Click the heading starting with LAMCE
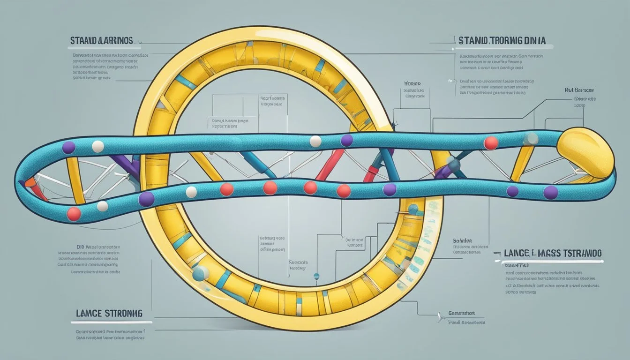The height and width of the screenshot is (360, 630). coord(107,313)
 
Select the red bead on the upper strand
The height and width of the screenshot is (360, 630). coord(491,143)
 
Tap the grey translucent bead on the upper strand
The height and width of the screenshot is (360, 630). coord(531,138)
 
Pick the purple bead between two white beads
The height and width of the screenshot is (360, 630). coord(347,140)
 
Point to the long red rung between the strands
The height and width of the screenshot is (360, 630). coord(331,164)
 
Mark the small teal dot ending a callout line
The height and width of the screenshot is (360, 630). coord(316,276)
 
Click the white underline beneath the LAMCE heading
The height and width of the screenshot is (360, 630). coord(112,322)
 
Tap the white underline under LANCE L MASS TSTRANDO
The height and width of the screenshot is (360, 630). coord(548,261)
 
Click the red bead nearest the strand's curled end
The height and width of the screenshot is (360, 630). coord(74,214)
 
